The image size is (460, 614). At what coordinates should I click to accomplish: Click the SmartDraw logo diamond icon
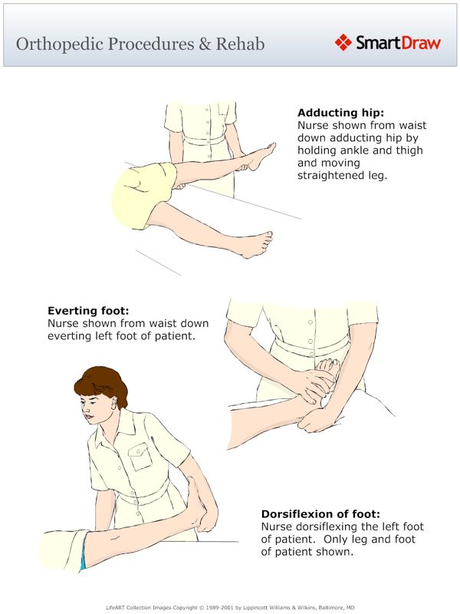(343, 42)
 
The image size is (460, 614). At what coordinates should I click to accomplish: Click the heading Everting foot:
(88, 312)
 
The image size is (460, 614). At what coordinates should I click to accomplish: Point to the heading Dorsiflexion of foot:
(320, 513)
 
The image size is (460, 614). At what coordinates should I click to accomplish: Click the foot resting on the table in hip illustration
(261, 242)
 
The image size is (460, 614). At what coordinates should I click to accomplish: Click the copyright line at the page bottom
(230, 606)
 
